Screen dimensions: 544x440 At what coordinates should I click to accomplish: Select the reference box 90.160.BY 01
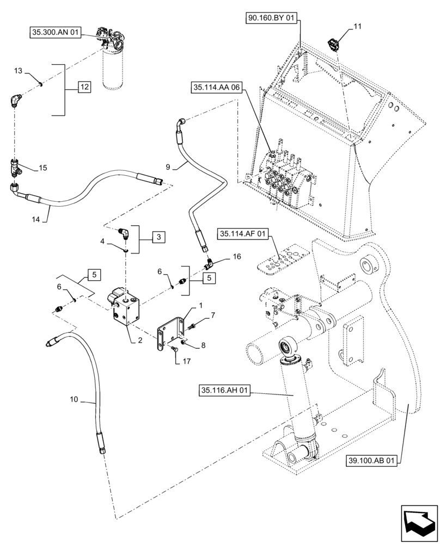coord(271,19)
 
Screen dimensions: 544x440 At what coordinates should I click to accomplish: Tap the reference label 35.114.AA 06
coord(216,88)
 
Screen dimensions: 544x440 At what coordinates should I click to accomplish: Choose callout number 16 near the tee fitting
coord(236,256)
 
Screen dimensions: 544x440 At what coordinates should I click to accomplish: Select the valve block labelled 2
coord(125,309)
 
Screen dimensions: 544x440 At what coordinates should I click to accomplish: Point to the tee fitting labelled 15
coord(15,168)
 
